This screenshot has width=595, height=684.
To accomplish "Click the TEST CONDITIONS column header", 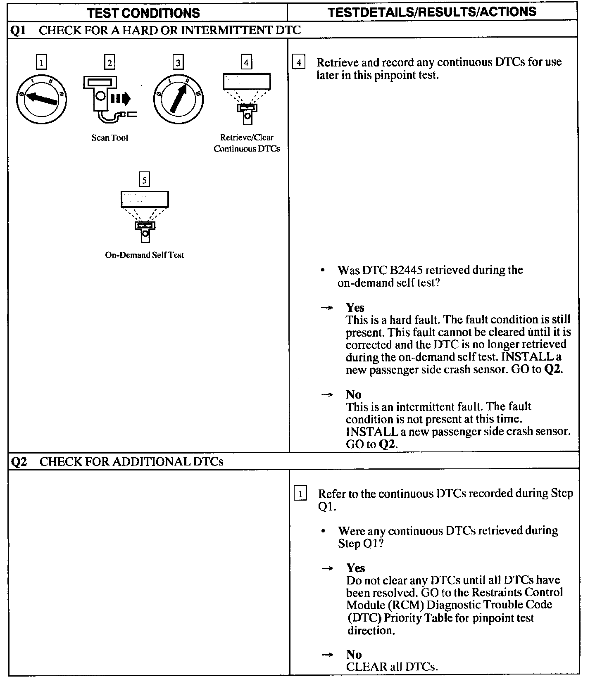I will tap(143, 13).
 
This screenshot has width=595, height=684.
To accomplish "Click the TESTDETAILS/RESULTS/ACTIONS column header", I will tap(432, 12).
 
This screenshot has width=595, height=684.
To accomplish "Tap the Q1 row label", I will tap(18, 30).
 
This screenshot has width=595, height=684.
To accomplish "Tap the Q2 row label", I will tap(19, 461).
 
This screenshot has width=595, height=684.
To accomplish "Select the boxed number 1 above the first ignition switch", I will tap(41, 62).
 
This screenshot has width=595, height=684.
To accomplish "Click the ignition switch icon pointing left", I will tap(41, 98).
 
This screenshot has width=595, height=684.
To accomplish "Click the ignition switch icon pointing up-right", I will tap(178, 99).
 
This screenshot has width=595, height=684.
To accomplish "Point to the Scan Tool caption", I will tap(109, 138).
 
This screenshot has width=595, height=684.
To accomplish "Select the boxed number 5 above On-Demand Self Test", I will tap(144, 180).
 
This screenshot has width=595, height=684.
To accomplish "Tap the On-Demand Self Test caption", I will tap(144, 255).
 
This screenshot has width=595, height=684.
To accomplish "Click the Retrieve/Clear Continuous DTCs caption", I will tap(247, 143).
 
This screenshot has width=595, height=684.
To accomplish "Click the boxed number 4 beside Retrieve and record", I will tap(298, 63).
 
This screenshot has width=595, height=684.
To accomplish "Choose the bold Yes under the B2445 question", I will tap(355, 307).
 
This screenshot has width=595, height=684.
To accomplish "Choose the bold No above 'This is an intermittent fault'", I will tap(353, 394).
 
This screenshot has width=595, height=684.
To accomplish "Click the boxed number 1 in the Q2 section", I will tap(300, 494).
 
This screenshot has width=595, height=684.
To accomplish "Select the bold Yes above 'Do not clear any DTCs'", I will tap(355, 568).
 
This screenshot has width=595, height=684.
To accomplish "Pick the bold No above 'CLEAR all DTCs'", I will tap(354, 654).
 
